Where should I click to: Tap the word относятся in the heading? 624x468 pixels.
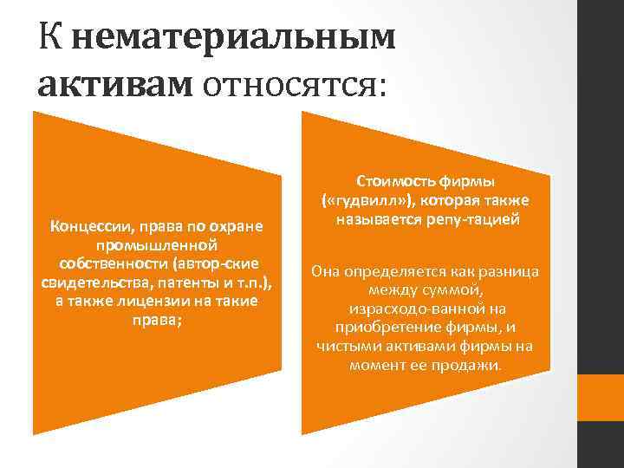[298, 85]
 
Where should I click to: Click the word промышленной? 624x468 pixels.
[157, 246]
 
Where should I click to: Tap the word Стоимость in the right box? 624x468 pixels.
[385, 181]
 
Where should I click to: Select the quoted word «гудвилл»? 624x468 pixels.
[359, 200]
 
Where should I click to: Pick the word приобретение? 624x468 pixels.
[386, 328]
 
